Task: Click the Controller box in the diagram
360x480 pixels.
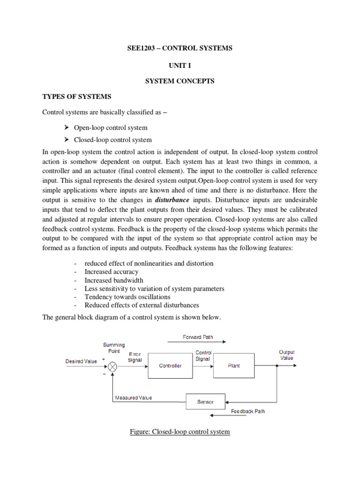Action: point(170,366)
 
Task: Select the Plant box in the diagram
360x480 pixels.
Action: point(233,366)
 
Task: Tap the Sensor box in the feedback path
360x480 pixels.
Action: point(206,402)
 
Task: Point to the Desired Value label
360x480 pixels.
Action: point(81,361)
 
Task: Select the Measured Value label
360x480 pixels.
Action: point(133,398)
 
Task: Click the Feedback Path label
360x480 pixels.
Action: point(248,412)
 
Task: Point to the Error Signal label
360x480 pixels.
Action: point(135,357)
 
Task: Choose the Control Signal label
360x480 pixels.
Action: point(203,355)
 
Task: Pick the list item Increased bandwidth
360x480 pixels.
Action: point(114,280)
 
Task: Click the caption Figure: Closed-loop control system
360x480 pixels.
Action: point(180,431)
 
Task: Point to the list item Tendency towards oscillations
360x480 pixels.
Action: point(127,297)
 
